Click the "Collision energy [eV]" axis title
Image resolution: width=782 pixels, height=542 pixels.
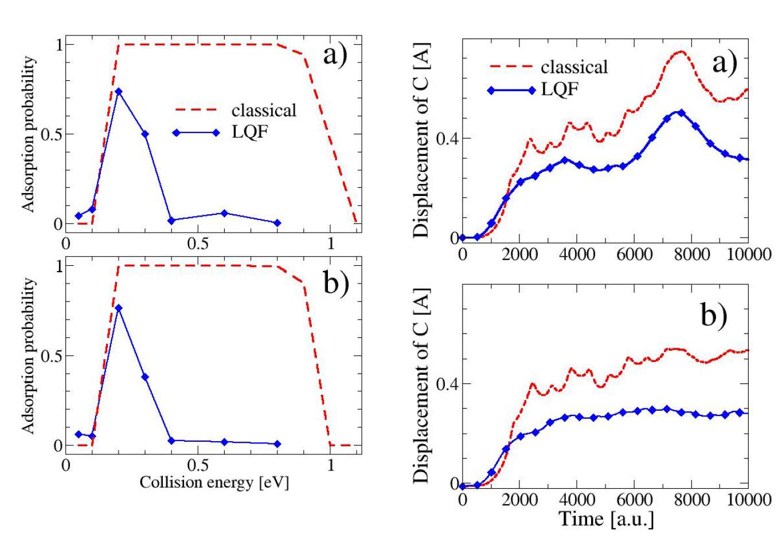pyautogui.click(x=214, y=482)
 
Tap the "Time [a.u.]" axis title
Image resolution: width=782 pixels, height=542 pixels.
pyautogui.click(x=606, y=519)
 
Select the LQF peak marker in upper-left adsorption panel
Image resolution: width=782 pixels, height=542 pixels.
pyautogui.click(x=119, y=92)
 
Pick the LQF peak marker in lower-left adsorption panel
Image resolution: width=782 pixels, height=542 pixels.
pyautogui.click(x=119, y=308)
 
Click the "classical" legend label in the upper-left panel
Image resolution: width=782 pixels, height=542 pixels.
pyautogui.click(x=264, y=110)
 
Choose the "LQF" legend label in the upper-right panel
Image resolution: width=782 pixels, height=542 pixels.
pyautogui.click(x=560, y=89)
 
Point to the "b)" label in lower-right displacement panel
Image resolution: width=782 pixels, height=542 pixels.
pyautogui.click(x=714, y=315)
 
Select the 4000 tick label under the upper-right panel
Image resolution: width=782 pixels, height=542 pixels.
pyautogui.click(x=577, y=254)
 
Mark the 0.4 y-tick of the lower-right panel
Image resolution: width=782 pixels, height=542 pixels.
pyautogui.click(x=447, y=384)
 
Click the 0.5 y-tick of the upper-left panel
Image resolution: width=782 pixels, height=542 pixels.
pyautogui.click(x=53, y=134)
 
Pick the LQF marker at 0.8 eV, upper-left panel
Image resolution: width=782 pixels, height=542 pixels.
pyautogui.click(x=277, y=223)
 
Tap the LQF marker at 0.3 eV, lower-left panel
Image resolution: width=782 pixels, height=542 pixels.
pyautogui.click(x=145, y=377)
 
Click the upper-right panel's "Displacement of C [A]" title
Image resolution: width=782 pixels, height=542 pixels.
pyautogui.click(x=421, y=138)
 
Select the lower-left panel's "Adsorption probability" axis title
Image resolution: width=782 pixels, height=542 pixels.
pyautogui.click(x=28, y=356)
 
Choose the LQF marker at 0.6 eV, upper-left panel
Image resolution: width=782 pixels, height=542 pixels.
pyautogui.click(x=224, y=213)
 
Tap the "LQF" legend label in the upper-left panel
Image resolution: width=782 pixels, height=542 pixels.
pyautogui.click(x=250, y=132)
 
